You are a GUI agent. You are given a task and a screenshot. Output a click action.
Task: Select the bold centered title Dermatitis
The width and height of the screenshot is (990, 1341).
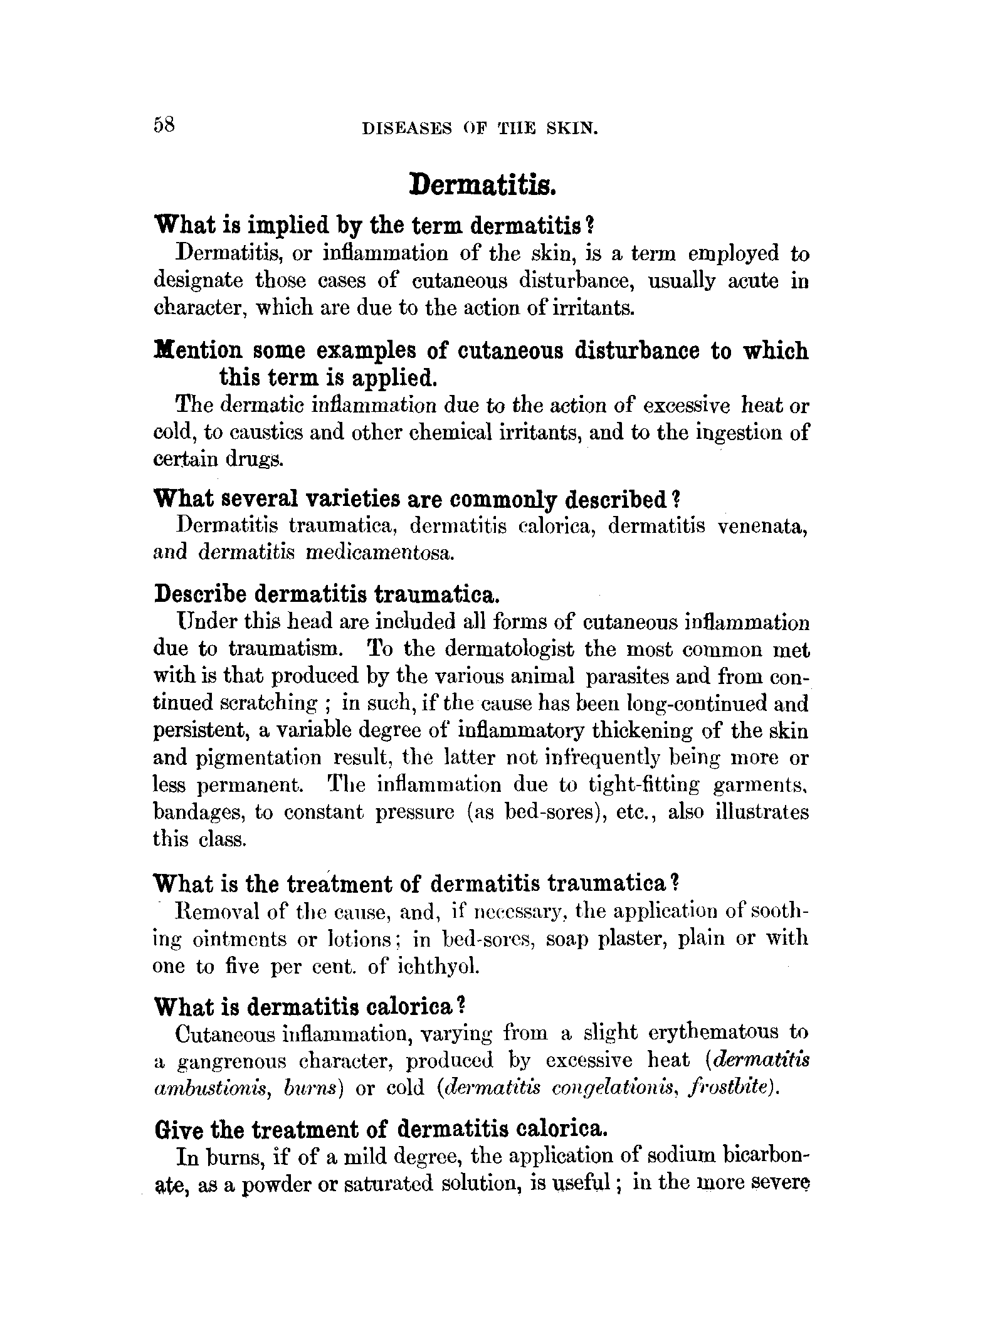click(482, 185)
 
